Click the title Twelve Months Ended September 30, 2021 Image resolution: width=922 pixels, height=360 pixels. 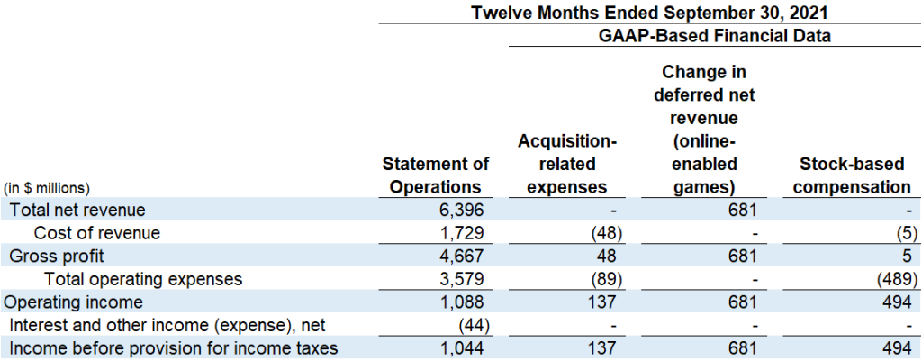(649, 13)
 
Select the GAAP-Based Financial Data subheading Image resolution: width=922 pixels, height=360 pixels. (714, 37)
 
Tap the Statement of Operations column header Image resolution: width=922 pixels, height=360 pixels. (436, 175)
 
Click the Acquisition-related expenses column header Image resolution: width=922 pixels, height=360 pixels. (567, 165)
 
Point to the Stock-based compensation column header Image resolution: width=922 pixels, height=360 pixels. (855, 175)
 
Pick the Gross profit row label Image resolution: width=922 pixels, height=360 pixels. (57, 256)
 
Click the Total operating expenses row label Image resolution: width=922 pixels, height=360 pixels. (143, 279)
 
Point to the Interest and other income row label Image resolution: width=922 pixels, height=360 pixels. (167, 325)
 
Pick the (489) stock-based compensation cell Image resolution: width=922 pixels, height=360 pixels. (891, 279)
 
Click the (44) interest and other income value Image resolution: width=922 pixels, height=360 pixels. (472, 325)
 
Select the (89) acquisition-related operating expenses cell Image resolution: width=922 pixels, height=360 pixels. (599, 279)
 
